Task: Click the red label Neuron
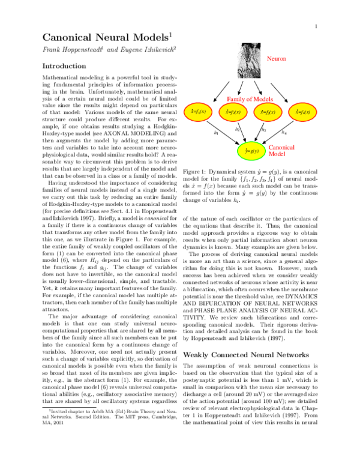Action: coord(277,59)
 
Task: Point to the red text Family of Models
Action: coord(250,98)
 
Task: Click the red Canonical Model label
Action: coord(280,150)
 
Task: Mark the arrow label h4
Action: coord(301,132)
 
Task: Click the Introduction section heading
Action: coord(66,66)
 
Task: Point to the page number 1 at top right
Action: coord(315,27)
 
